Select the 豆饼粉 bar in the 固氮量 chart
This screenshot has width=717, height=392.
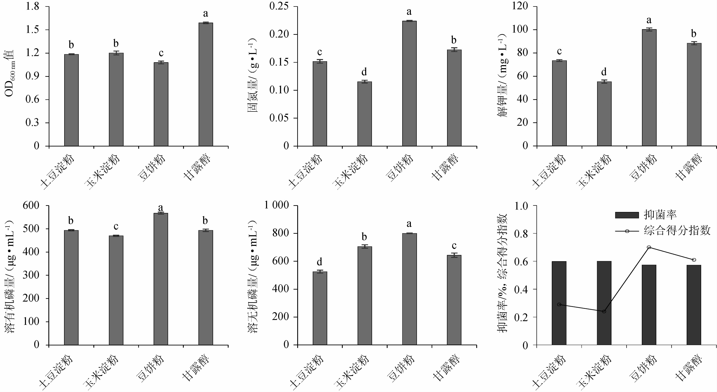tap(409, 84)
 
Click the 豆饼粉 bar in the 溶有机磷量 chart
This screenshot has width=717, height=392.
tap(161, 279)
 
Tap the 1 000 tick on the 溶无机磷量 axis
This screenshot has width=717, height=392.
tap(277, 205)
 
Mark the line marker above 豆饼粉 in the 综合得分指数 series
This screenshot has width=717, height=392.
tap(649, 247)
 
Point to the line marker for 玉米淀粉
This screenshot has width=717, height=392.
tap(604, 311)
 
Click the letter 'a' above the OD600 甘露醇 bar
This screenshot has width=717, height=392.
tap(206, 13)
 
